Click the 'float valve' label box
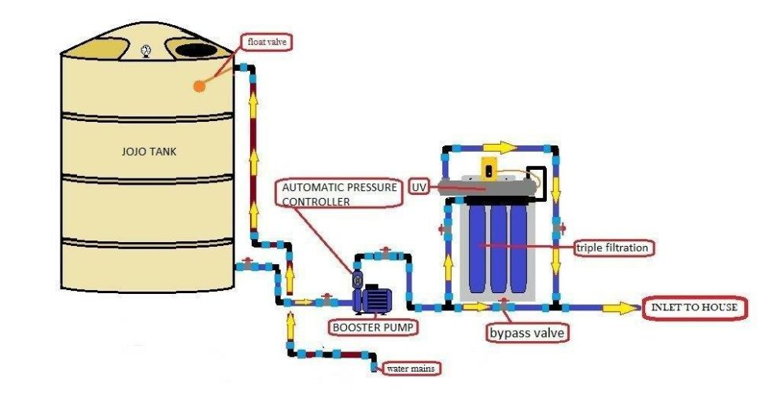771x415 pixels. (x=266, y=42)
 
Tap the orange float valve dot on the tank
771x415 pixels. (x=198, y=86)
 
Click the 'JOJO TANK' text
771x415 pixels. (x=148, y=152)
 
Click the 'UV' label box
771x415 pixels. (x=420, y=188)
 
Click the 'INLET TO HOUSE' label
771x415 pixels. (x=693, y=307)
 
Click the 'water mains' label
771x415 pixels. (x=409, y=367)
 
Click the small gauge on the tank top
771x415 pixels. (x=146, y=51)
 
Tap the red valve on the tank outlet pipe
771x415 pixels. (x=248, y=262)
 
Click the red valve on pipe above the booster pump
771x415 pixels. (x=385, y=252)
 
